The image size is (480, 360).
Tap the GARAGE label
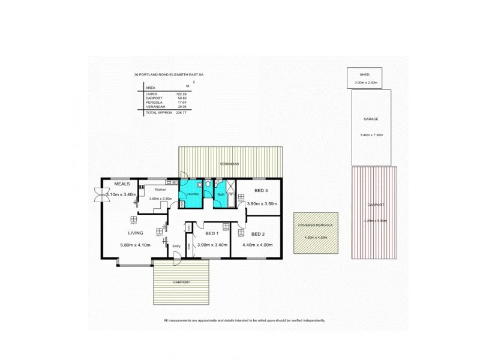(370, 119)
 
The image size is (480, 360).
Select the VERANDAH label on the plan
(229, 164)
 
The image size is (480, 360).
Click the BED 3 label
(260, 190)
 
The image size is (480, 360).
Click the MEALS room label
(122, 184)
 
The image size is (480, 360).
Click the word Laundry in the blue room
(193, 194)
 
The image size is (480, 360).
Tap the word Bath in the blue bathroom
(221, 194)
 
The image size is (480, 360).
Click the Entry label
(176, 246)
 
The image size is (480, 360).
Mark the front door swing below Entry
(177, 259)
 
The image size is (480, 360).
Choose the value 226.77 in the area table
(182, 112)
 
